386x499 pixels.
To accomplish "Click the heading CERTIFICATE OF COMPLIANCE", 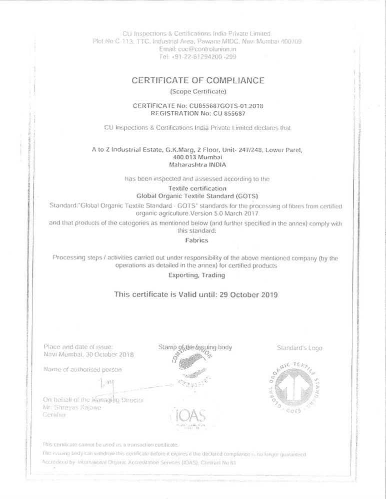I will (x=197, y=80).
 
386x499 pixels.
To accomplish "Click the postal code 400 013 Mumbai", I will (x=197, y=157).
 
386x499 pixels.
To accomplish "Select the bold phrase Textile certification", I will (x=197, y=188).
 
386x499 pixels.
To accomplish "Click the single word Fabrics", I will (x=197, y=240).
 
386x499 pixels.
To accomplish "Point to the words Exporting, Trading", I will (x=197, y=275).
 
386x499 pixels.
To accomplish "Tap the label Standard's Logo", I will (x=299, y=348).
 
